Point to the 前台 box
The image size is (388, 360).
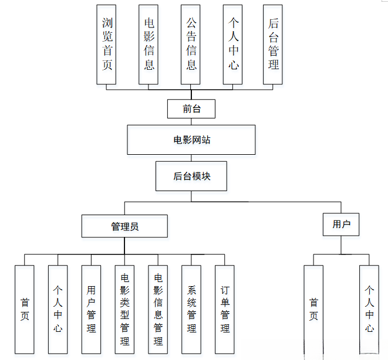tap(191, 109)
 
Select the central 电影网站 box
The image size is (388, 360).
tap(191, 140)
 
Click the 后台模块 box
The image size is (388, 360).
tap(191, 176)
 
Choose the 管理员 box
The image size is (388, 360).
tap(124, 226)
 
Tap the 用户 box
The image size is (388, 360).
tap(341, 224)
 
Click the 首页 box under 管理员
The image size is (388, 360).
tap(25, 309)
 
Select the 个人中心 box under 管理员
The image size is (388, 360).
tap(58, 309)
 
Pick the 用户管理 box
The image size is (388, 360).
tap(91, 309)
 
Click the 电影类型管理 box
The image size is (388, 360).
tap(124, 309)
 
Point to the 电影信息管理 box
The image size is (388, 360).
tap(158, 309)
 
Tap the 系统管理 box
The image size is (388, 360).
tap(191, 309)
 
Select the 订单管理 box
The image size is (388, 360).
tap(225, 309)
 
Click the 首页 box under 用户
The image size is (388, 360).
tap(313, 309)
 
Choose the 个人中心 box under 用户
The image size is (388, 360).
tap(369, 309)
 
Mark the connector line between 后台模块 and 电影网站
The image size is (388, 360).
tap(191, 158)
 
